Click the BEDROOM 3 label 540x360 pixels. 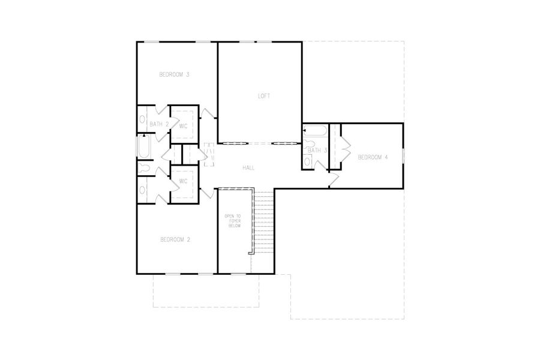coord(174,75)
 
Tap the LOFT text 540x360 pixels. coord(264,96)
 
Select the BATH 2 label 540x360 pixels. coord(158,124)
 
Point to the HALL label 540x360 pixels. coord(249,168)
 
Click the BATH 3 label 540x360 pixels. coord(317,151)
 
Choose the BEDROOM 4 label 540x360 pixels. coord(373,158)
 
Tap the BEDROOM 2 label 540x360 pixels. coord(175,240)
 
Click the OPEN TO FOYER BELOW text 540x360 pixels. coord(232,221)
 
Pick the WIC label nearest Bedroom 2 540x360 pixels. coord(183,181)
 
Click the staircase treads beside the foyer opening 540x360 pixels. coord(263,222)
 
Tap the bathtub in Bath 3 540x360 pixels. coord(314,131)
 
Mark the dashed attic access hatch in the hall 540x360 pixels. coord(209,155)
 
